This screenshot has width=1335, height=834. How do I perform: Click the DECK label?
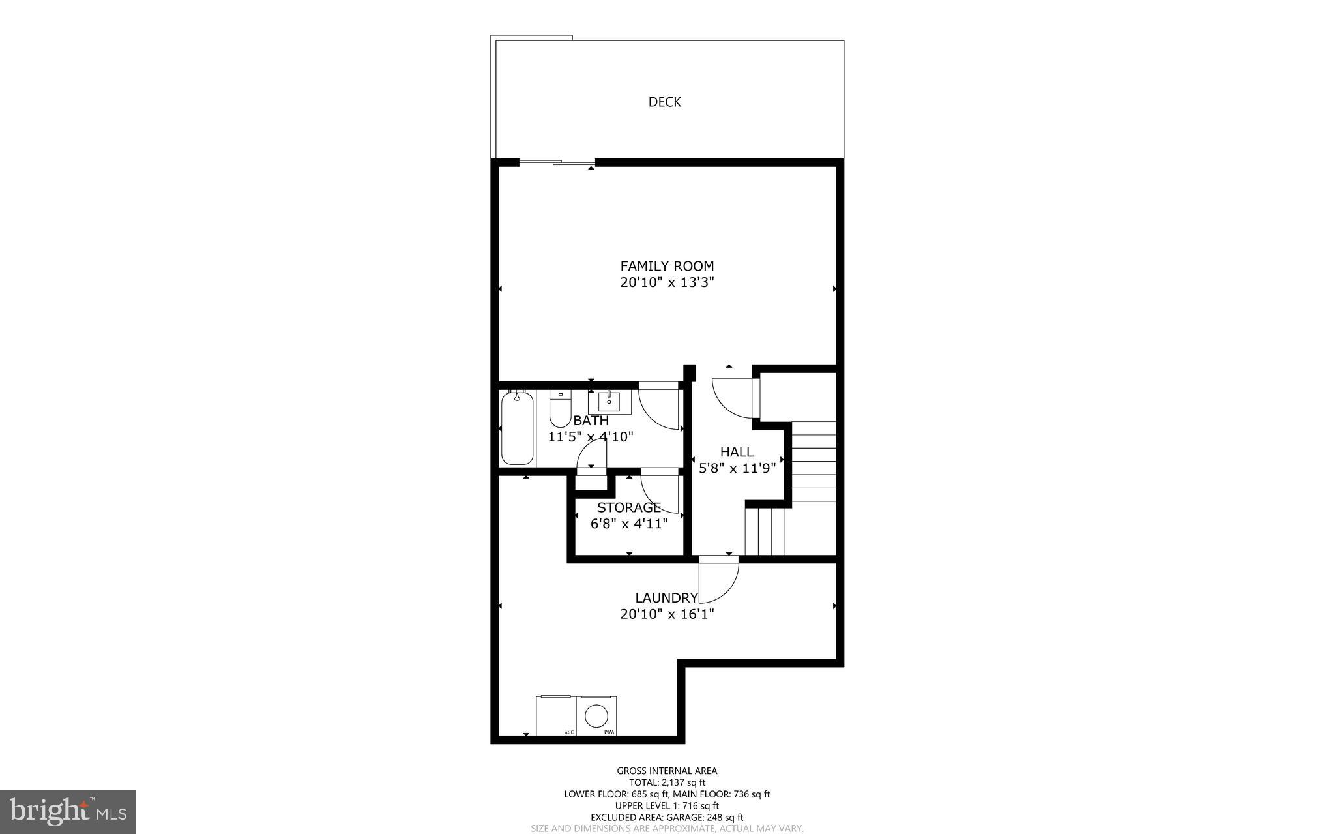(x=664, y=102)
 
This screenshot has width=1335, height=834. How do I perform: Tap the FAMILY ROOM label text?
(x=666, y=266)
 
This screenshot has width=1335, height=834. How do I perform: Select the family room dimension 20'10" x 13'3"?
(x=666, y=282)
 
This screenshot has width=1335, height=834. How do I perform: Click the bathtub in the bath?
(x=518, y=428)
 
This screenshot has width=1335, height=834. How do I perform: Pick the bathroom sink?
(x=609, y=402)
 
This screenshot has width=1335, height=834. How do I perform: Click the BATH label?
(x=591, y=421)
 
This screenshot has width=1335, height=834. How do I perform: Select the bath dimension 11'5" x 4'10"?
(x=591, y=437)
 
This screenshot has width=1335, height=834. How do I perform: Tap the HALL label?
(x=737, y=452)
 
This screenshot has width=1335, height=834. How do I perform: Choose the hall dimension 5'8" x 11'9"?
(x=737, y=468)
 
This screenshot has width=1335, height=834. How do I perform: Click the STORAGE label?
(x=629, y=507)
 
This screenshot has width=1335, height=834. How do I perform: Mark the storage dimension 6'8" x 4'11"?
(x=629, y=524)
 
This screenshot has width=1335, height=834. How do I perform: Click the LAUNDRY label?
(x=666, y=597)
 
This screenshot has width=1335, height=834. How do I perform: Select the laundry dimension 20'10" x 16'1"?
(x=666, y=614)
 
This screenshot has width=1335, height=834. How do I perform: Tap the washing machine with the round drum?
(x=596, y=716)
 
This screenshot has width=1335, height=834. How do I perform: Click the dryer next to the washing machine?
(x=556, y=716)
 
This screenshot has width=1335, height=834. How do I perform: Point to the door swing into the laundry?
(x=718, y=580)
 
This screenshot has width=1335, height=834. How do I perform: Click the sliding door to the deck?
(x=557, y=162)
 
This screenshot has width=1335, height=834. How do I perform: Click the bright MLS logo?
(x=68, y=812)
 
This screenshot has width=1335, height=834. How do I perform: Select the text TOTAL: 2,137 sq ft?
(x=666, y=782)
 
